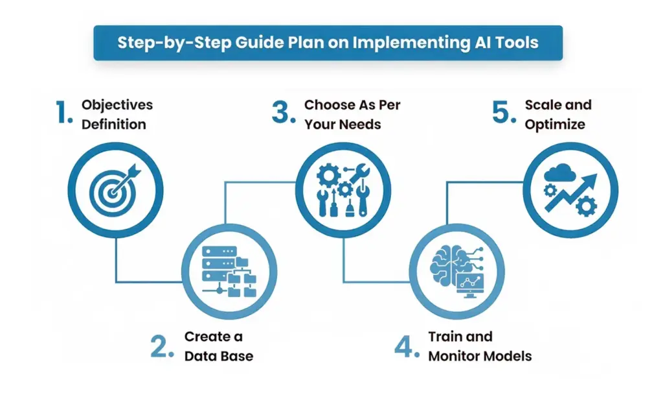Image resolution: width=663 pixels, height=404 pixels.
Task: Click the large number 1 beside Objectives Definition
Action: pos(63,113)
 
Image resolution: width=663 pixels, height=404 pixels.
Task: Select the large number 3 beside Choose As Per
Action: pos(283,113)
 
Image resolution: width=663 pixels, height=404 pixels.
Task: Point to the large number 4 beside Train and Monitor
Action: pos(404,346)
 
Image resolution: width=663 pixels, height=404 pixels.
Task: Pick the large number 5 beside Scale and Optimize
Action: pos(502,113)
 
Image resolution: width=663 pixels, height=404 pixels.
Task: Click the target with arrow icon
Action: pos(116,189)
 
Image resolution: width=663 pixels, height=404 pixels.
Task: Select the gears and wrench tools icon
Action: pos(343,189)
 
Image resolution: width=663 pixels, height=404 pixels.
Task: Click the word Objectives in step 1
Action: pos(117,105)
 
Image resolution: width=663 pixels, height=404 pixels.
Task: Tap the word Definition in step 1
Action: pos(114,124)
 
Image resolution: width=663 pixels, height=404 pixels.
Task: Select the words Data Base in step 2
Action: pos(219,356)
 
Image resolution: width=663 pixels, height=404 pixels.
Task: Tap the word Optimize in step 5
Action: pos(554,124)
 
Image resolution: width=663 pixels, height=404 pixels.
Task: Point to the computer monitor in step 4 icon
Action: pos(473,283)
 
